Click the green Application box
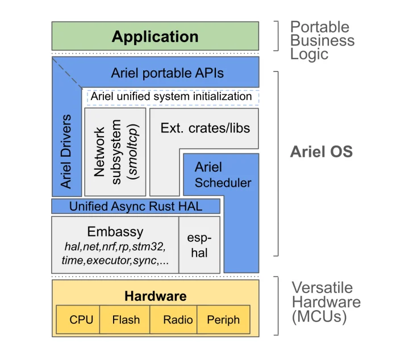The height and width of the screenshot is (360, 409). tap(155, 37)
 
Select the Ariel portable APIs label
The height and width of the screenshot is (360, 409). tap(167, 73)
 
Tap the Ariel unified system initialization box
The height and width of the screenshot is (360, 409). tap(171, 97)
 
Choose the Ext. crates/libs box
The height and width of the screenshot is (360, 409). tap(204, 128)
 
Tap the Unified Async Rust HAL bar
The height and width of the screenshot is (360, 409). tap(136, 206)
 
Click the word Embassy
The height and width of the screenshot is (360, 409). tap(115, 232)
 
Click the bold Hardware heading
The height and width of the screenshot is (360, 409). tap(155, 296)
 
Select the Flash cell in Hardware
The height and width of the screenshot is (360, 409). tap(126, 320)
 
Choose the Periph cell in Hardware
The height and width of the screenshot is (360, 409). tap(223, 320)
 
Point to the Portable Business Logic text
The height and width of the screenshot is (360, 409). tap(322, 40)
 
